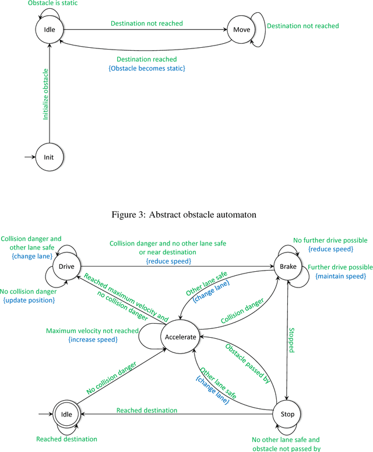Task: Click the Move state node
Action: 241,30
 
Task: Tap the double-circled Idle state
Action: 65,415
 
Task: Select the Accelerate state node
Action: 181,337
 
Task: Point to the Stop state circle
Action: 287,415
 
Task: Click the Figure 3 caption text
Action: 184,215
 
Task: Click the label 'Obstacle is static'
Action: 53,3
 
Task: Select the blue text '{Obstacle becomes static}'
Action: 146,69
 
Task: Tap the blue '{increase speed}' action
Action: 92,339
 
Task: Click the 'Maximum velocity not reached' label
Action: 92,331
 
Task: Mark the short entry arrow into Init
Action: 29,157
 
